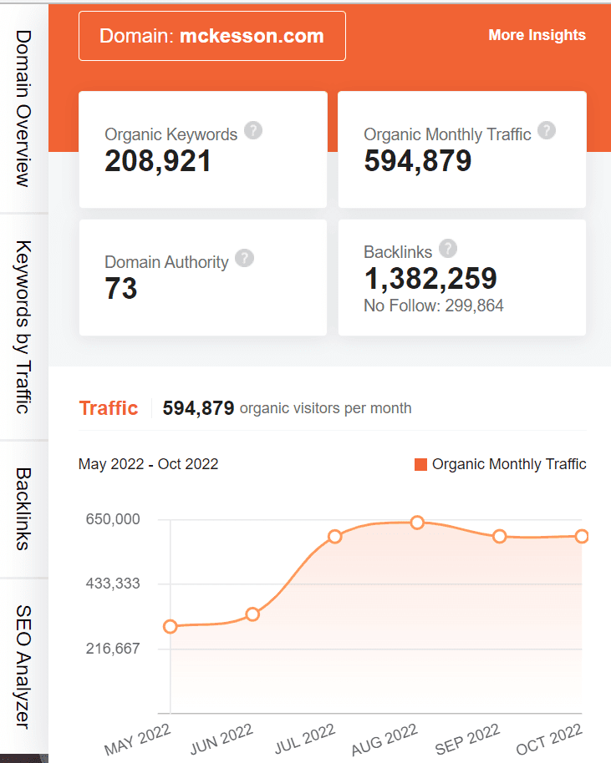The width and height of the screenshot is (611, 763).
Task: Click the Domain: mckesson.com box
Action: point(211,36)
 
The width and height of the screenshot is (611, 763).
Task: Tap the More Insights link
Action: point(537,35)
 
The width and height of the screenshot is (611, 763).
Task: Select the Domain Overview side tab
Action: point(23,109)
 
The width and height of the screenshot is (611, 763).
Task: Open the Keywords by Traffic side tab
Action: point(23,326)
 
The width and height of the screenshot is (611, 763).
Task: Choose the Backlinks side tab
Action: point(23,508)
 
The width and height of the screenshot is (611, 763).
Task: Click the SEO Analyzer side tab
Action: point(23,668)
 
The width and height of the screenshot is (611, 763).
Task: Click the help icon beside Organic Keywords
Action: point(253,131)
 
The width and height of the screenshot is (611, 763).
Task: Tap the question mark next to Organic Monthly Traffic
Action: point(547,131)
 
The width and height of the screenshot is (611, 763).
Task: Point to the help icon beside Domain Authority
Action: point(244,258)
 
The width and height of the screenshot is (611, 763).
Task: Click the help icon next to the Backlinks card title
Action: point(448,248)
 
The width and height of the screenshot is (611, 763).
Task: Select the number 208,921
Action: point(158,160)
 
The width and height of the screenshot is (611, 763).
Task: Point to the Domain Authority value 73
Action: point(121,289)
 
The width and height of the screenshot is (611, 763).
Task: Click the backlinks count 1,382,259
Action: point(430,278)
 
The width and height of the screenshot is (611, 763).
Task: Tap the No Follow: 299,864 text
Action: point(434,306)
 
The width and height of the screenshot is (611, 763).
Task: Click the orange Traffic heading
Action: point(109,408)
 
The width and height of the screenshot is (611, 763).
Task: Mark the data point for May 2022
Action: point(171,626)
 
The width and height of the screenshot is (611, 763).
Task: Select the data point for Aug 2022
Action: point(417,523)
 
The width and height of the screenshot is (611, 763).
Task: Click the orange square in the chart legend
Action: point(421,465)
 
